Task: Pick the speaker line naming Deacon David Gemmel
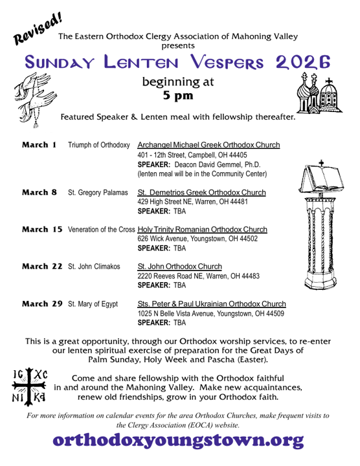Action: point(202,164)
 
